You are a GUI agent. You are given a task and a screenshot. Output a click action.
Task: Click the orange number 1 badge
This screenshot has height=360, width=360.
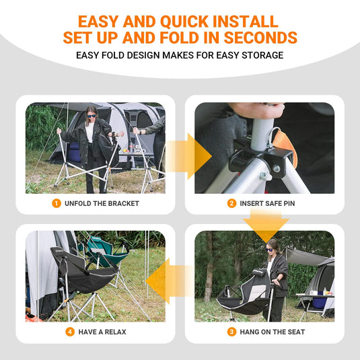tap(57, 203)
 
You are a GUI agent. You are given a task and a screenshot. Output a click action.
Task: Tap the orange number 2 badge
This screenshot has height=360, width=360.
tap(231, 203)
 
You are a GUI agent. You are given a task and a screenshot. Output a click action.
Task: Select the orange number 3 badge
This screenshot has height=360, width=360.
tap(231, 332)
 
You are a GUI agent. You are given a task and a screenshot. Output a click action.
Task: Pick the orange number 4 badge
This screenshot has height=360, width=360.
tap(70, 332)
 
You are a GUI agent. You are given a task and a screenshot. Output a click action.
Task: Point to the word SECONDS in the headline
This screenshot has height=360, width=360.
tap(260, 38)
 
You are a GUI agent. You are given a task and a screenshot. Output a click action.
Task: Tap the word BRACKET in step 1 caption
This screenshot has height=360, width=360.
tap(124, 203)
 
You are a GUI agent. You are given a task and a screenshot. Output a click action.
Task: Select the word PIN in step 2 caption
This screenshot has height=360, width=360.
tap(289, 203)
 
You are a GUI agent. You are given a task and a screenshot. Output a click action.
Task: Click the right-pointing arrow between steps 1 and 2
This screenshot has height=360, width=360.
tap(188, 156)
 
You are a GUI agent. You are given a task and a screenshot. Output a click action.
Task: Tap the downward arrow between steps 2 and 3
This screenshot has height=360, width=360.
tap(266, 225)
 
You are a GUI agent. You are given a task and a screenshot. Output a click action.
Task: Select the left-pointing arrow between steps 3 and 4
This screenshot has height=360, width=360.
tap(170, 281)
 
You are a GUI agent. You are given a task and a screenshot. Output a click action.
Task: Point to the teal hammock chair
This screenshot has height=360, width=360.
tap(104, 252)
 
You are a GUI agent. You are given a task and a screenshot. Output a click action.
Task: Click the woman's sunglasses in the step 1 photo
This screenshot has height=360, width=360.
tap(92, 116)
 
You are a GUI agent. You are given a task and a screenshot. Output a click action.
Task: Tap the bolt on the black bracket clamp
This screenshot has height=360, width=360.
tap(277, 169)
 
